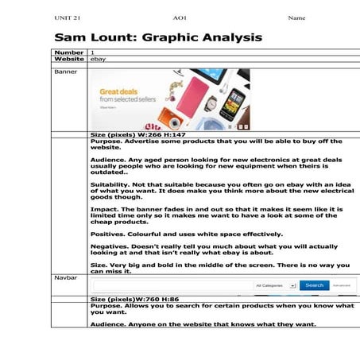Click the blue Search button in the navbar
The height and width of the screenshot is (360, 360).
314,285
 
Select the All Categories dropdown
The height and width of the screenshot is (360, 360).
275,285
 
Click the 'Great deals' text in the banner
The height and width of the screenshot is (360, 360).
118,91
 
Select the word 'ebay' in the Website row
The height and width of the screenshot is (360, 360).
98,59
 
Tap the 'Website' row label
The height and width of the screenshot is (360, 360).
69,59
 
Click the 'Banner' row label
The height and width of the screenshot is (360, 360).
65,72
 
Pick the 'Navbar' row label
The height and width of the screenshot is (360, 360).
65,278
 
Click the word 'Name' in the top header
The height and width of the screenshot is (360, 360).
296,17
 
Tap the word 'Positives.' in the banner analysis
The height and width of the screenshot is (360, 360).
108,234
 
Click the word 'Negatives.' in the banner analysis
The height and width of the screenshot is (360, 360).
110,247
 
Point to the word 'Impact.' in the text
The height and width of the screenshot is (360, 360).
104,209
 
